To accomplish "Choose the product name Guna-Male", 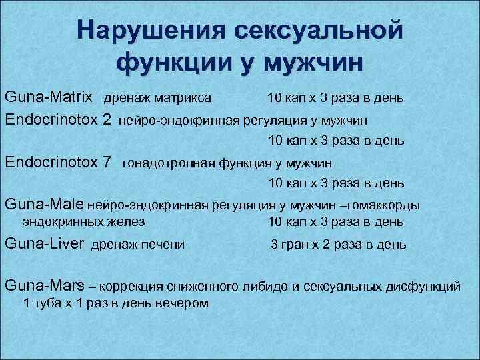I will point(44,203).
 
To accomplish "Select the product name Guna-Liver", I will point(44,244).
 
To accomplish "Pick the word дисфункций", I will point(423,287).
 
